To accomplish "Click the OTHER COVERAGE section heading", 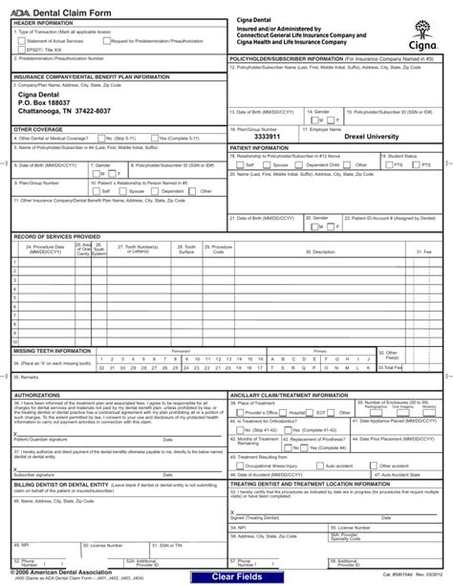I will pyautogui.click(x=35, y=127).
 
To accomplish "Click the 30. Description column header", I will pyautogui.click(x=318, y=251).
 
